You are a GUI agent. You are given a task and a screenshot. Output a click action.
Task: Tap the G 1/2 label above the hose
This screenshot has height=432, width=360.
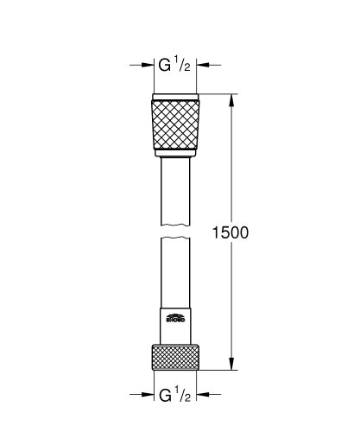178,65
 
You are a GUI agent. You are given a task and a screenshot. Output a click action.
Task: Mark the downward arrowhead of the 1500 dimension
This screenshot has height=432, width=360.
231,365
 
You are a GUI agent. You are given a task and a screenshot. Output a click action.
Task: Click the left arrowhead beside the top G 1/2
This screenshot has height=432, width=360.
148,64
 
